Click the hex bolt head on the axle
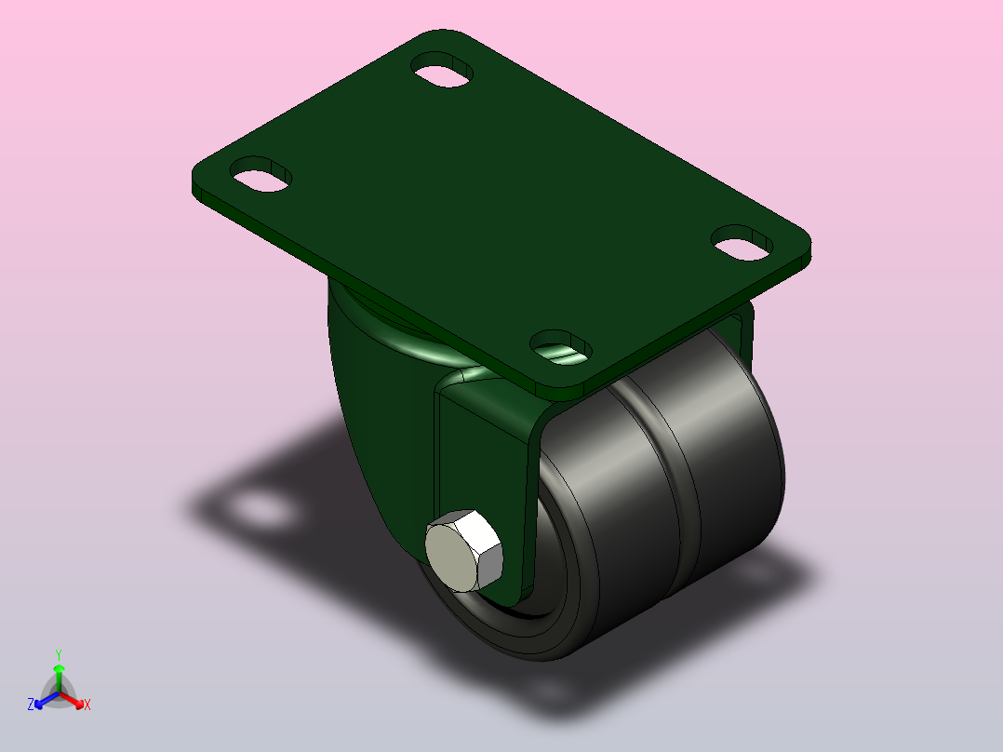(x=463, y=550)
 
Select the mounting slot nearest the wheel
(x=561, y=347)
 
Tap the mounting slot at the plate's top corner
(x=442, y=70)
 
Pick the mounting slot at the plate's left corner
(x=261, y=174)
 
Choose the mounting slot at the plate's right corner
(x=742, y=243)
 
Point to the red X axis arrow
(x=71, y=699)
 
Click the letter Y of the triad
(x=59, y=654)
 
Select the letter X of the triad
(x=87, y=705)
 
